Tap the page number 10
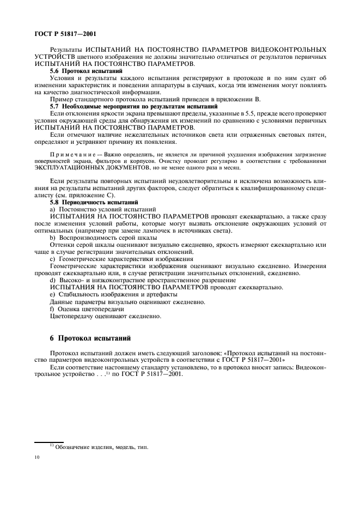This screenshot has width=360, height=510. click(36, 459)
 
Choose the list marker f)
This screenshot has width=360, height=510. click(52, 308)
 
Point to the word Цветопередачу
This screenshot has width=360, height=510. click(74, 315)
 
